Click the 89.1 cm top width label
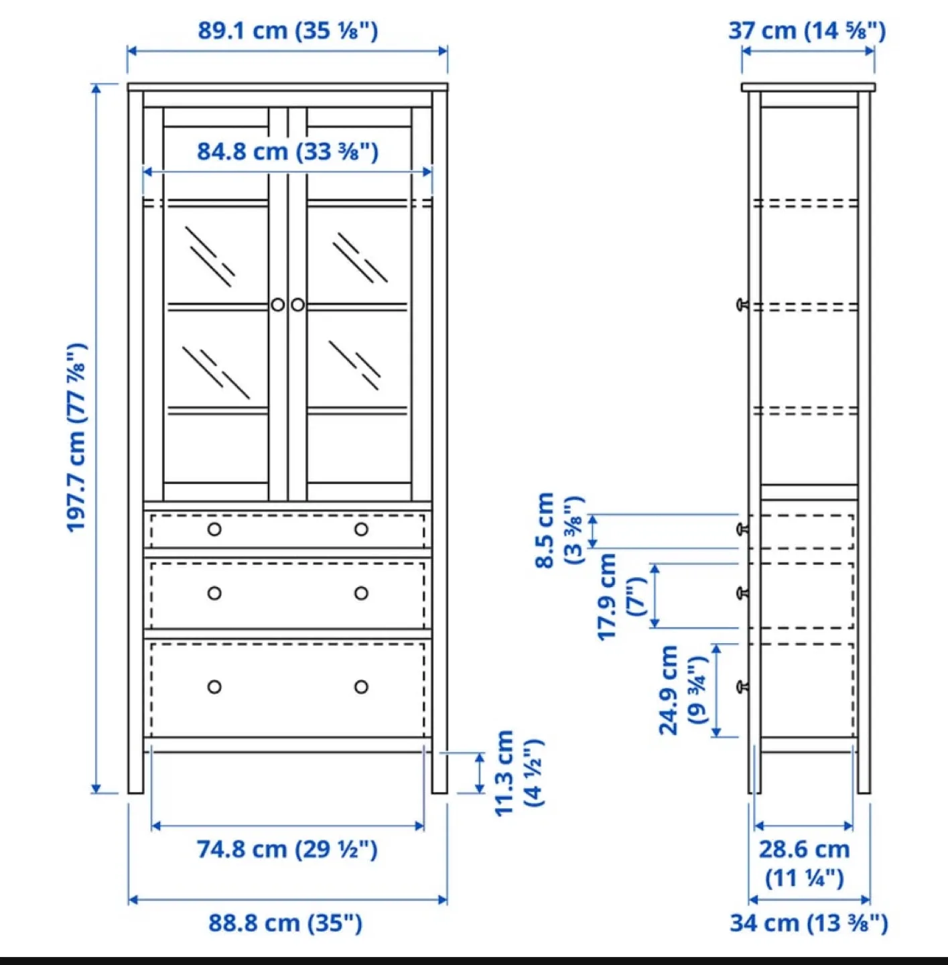click(x=287, y=31)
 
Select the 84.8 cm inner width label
click(x=287, y=151)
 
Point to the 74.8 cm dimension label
click(x=287, y=849)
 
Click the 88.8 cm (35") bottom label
click(x=285, y=923)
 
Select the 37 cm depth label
click(x=807, y=31)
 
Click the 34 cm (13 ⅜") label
click(x=809, y=923)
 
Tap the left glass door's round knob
click(x=278, y=305)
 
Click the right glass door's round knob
click(x=298, y=305)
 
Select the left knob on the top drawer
click(x=214, y=529)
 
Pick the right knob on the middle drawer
click(x=361, y=593)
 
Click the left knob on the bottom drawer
click(x=214, y=687)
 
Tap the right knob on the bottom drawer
click(x=361, y=687)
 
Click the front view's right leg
click(x=439, y=771)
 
